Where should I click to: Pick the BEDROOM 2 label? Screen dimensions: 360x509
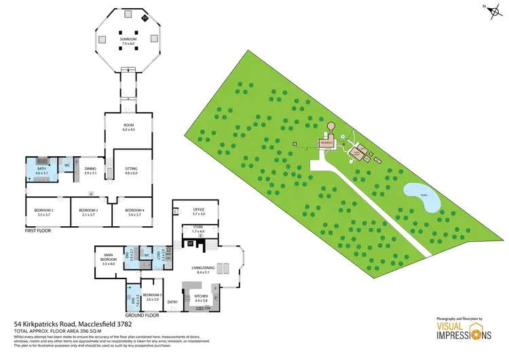[43, 213]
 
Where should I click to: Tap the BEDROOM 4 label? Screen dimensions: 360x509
[133, 213]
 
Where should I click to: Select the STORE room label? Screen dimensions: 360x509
[197, 230]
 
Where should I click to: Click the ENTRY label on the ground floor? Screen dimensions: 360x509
[172, 302]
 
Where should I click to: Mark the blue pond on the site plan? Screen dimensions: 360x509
[423, 196]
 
